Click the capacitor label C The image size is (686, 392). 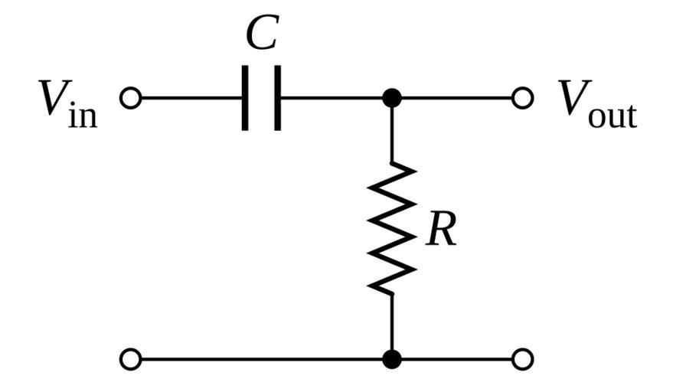point(261,34)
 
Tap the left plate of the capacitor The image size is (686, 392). point(245,98)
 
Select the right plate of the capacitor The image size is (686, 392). point(276,98)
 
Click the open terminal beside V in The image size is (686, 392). point(132,98)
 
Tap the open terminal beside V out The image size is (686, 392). point(523,98)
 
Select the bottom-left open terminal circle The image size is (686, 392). point(132,358)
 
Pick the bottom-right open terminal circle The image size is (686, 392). point(523,358)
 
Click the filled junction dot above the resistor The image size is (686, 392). point(392,98)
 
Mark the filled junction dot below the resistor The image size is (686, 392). point(392,358)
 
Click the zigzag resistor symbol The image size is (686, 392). point(392,228)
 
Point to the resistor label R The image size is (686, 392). point(442,230)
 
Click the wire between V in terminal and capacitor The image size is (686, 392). point(191,98)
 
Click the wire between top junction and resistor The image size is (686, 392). point(392,132)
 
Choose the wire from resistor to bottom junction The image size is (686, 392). point(392,322)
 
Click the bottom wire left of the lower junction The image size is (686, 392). point(260,358)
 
